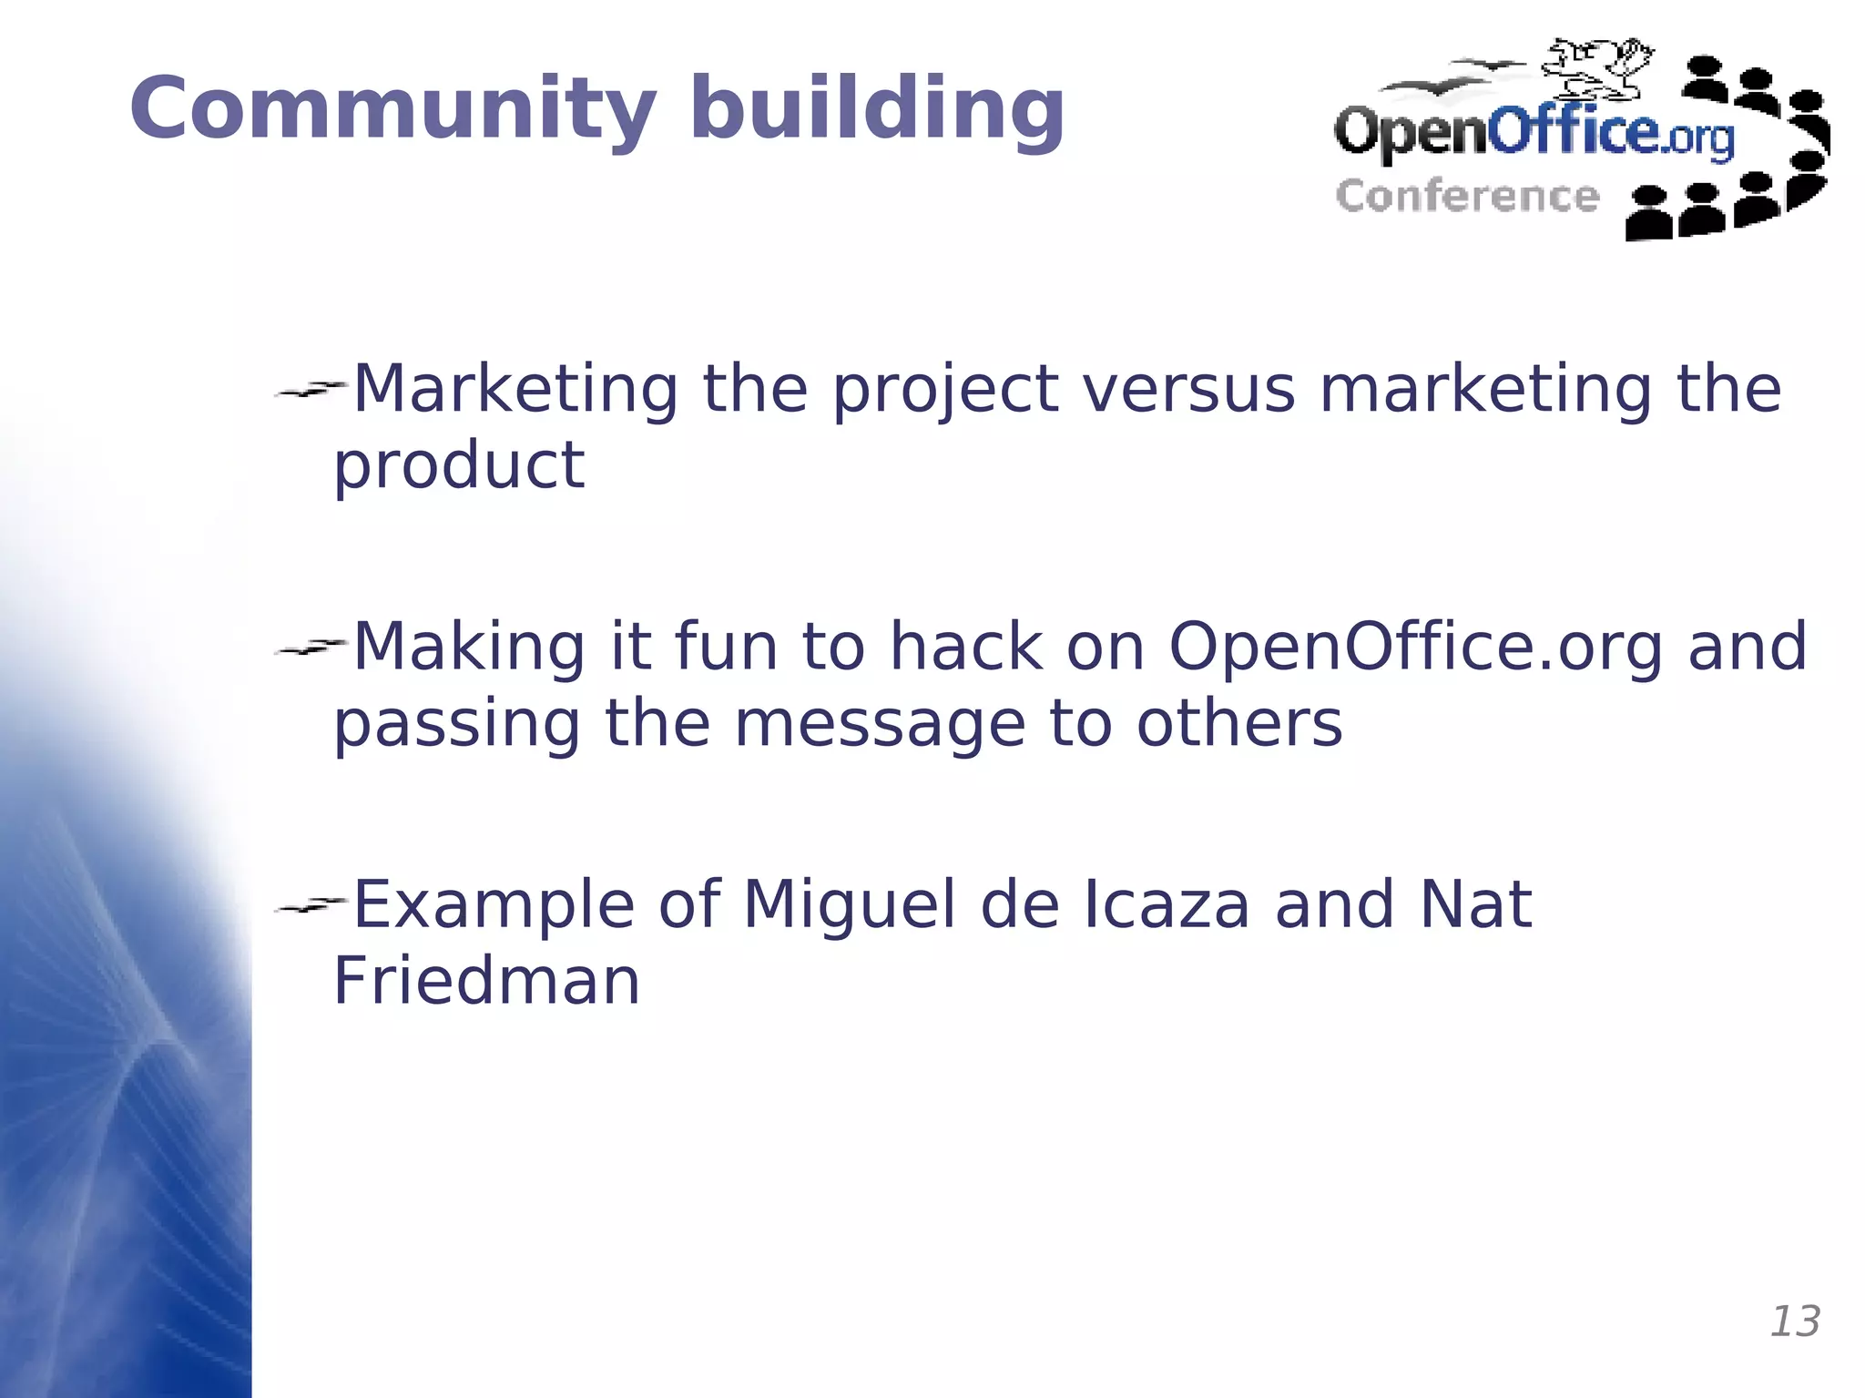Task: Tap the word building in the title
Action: [x=877, y=109]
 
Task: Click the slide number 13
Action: [x=1794, y=1321]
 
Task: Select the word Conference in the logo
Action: [x=1467, y=197]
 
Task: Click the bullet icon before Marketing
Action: [x=310, y=390]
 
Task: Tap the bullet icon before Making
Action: [x=310, y=648]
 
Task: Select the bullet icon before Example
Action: [x=310, y=905]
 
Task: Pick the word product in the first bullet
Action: [x=458, y=466]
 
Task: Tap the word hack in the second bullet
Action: [x=965, y=647]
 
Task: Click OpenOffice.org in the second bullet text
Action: [x=1416, y=648]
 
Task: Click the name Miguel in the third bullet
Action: [x=849, y=905]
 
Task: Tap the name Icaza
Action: [x=1166, y=905]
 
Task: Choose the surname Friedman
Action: [x=486, y=982]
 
